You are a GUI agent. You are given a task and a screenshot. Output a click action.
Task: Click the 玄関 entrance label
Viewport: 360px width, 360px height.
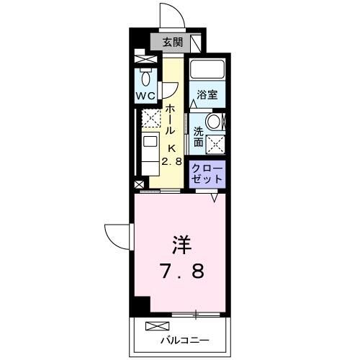pyautogui.click(x=171, y=42)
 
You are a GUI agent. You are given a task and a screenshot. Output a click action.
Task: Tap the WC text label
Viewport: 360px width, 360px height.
pyautogui.click(x=146, y=95)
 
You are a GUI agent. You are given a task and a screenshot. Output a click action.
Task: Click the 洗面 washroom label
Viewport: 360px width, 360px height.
pyautogui.click(x=197, y=137)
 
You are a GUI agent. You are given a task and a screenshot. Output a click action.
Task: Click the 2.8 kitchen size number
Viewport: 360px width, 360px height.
pyautogui.click(x=172, y=161)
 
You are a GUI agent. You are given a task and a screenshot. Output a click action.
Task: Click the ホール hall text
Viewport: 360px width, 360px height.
pyautogui.click(x=171, y=121)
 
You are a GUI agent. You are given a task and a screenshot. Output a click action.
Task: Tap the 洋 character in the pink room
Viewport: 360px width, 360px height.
pyautogui.click(x=180, y=244)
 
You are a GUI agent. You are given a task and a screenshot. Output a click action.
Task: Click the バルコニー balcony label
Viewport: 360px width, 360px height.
pyautogui.click(x=184, y=339)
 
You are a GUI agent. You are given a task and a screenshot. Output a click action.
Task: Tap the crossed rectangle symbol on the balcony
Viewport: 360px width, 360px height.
pyautogui.click(x=156, y=326)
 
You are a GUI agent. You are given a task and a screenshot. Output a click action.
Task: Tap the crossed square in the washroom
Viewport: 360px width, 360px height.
pyautogui.click(x=214, y=143)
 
